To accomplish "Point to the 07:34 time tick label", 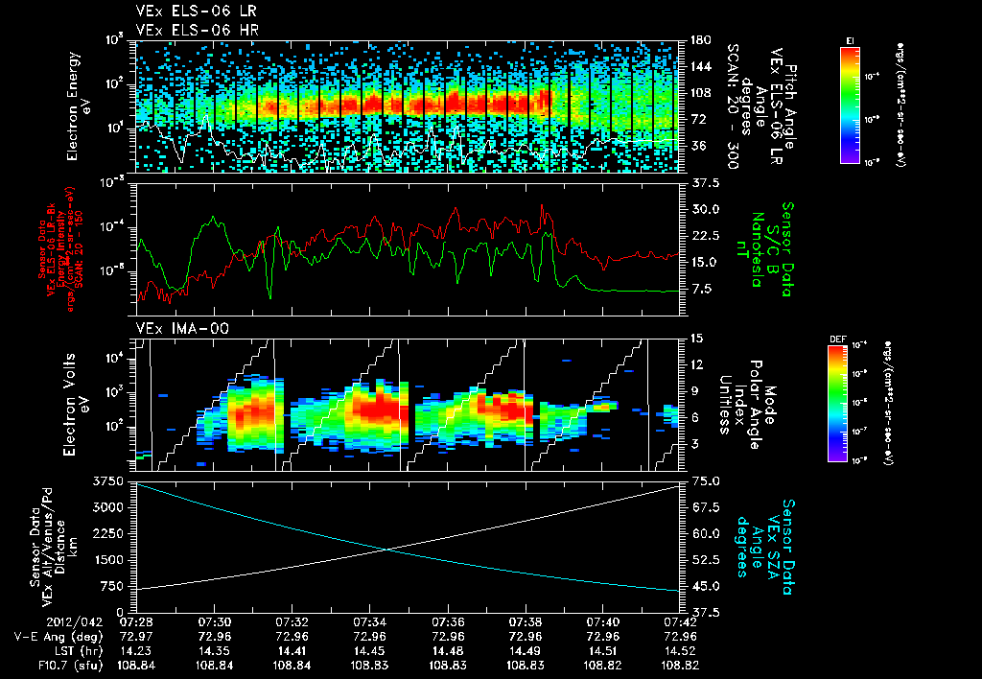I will [369, 622].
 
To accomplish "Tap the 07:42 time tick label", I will [679, 622].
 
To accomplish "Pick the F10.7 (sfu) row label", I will [47, 663].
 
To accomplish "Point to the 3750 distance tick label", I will [109, 480].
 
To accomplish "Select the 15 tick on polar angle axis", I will [695, 338].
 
